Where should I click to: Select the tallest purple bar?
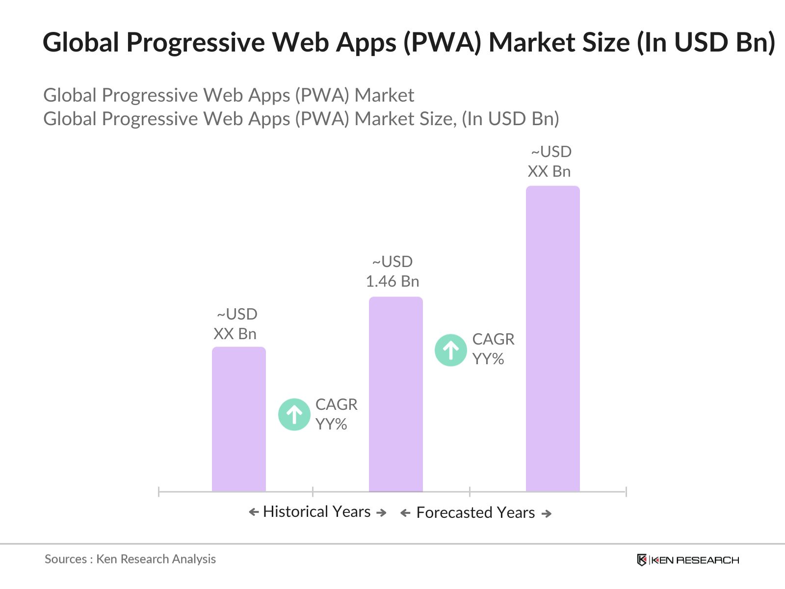pos(552,339)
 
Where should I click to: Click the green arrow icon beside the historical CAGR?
pos(294,414)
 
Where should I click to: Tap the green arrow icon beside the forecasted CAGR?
pos(450,350)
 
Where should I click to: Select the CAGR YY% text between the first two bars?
pos(336,414)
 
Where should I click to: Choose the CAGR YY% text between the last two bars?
pos(493,349)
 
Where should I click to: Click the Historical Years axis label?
pos(317,511)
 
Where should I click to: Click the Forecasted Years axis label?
pos(475,512)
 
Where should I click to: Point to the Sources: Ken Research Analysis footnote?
pos(130,559)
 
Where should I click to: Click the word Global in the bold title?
pos(81,42)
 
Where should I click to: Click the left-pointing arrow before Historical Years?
pos(254,512)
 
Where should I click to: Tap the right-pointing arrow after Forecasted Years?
pos(547,513)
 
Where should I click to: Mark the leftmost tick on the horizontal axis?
pos(159,491)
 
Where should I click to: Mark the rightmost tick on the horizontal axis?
pos(626,491)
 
